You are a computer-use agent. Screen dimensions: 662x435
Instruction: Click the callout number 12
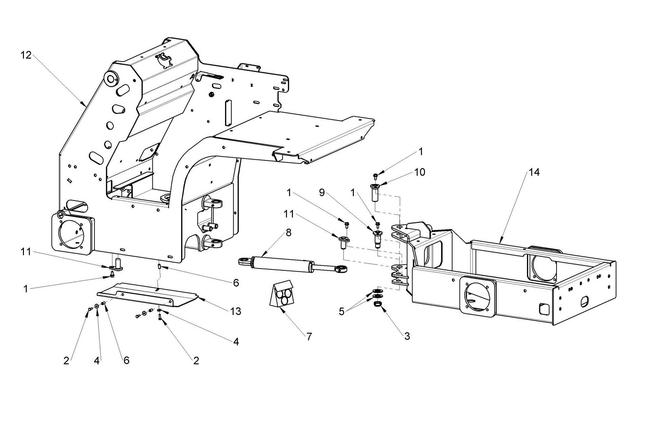(x=26, y=55)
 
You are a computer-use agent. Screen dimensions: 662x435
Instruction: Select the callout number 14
(x=534, y=172)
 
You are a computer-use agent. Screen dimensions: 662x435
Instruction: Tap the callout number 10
(x=420, y=172)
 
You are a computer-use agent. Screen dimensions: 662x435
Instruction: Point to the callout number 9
(x=322, y=192)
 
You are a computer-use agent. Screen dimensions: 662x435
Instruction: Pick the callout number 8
(x=288, y=233)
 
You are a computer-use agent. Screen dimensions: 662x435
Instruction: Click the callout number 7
(x=309, y=337)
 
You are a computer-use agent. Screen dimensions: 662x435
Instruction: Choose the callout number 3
(x=407, y=336)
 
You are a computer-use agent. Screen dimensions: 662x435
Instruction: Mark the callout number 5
(x=341, y=312)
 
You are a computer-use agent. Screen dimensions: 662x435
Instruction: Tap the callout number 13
(x=235, y=312)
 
